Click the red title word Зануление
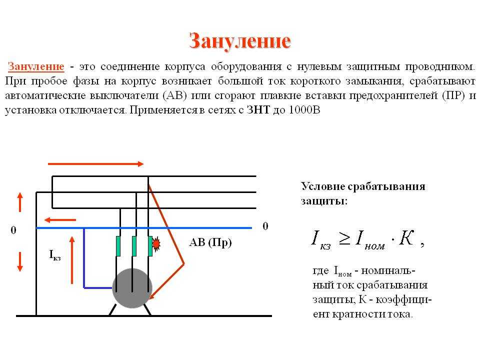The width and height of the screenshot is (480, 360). click(239, 40)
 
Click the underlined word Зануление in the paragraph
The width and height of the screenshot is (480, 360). click(36, 66)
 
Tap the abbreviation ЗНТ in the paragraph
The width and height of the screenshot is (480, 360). click(258, 110)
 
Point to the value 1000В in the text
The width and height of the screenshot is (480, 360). click(304, 110)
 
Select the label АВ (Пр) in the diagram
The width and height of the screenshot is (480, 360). click(210, 243)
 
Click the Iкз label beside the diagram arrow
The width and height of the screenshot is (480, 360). click(55, 254)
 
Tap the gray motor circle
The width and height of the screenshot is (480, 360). click(132, 288)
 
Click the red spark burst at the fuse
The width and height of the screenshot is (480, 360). click(156, 244)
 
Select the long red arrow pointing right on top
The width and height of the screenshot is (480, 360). click(96, 164)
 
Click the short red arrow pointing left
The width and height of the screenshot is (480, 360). click(60, 220)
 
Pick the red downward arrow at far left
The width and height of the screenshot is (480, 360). click(20, 261)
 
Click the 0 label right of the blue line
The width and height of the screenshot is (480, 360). click(265, 226)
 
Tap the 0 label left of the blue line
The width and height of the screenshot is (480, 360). click(13, 230)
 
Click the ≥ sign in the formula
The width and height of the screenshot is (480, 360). click(344, 238)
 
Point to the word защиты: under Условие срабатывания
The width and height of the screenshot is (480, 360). click(324, 201)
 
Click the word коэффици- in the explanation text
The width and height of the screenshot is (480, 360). click(403, 299)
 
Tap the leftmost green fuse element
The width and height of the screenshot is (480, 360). click(118, 246)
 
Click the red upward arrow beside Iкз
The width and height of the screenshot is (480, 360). click(72, 260)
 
